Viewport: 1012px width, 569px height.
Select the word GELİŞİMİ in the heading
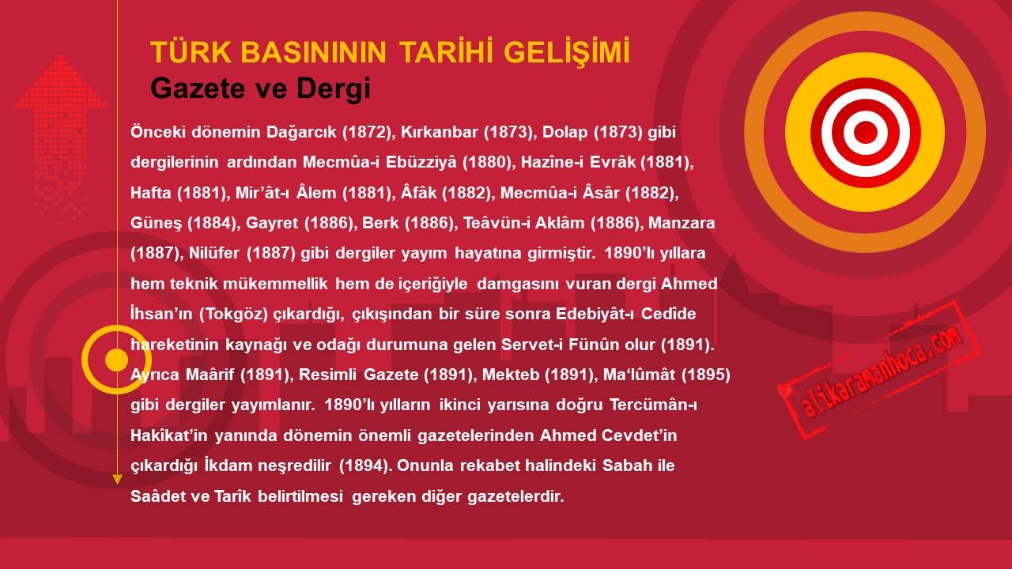[x=567, y=51]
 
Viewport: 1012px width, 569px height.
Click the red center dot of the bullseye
[x=866, y=132]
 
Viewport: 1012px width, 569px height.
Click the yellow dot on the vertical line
[x=116, y=360]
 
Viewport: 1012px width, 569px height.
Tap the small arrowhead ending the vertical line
[x=117, y=480]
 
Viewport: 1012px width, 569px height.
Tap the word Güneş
[x=156, y=223]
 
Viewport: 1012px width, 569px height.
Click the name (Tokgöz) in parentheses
[x=234, y=314]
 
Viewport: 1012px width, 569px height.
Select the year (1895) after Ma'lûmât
[x=706, y=375]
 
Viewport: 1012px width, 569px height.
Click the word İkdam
[x=228, y=465]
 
